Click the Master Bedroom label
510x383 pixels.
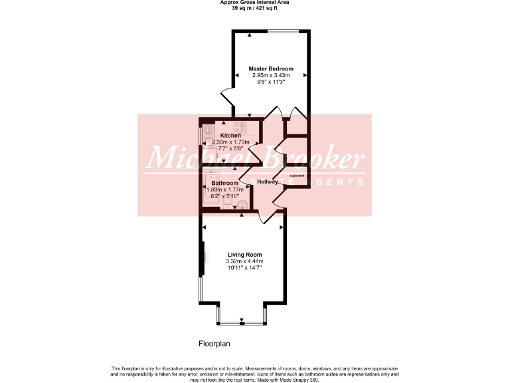click(x=271, y=68)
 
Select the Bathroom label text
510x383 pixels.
click(x=224, y=183)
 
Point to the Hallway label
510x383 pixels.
click(x=268, y=182)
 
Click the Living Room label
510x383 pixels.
click(x=244, y=255)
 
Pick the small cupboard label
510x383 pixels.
click(x=297, y=176)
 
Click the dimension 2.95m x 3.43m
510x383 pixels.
click(x=271, y=76)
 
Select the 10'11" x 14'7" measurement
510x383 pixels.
click(x=244, y=269)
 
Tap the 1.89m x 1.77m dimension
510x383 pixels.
click(x=225, y=190)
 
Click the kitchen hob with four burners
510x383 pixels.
click(x=240, y=127)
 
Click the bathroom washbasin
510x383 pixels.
click(x=244, y=205)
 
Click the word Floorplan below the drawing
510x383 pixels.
click(x=214, y=344)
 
